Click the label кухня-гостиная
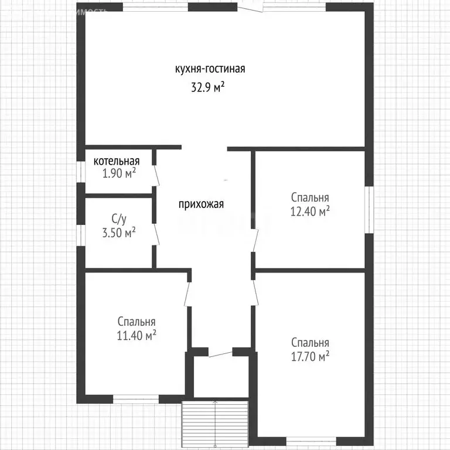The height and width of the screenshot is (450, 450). point(210,69)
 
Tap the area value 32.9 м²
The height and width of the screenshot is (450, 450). point(208,87)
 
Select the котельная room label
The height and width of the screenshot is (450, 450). point(117,161)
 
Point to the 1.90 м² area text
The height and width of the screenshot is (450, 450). point(119,173)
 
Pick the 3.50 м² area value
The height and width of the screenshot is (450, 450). point(119,231)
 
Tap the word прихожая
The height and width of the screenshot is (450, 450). point(202,204)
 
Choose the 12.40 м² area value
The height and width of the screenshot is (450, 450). point(310,211)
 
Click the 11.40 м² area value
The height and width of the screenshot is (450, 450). point(136,335)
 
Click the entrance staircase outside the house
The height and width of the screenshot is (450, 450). point(216,423)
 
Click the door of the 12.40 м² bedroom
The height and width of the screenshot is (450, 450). point(255,240)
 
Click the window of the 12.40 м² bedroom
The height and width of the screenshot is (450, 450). point(369,209)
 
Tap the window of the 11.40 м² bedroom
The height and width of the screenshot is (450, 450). point(136,400)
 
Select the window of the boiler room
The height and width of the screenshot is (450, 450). point(82,171)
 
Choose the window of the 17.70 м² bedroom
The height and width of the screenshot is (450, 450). point(310,441)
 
